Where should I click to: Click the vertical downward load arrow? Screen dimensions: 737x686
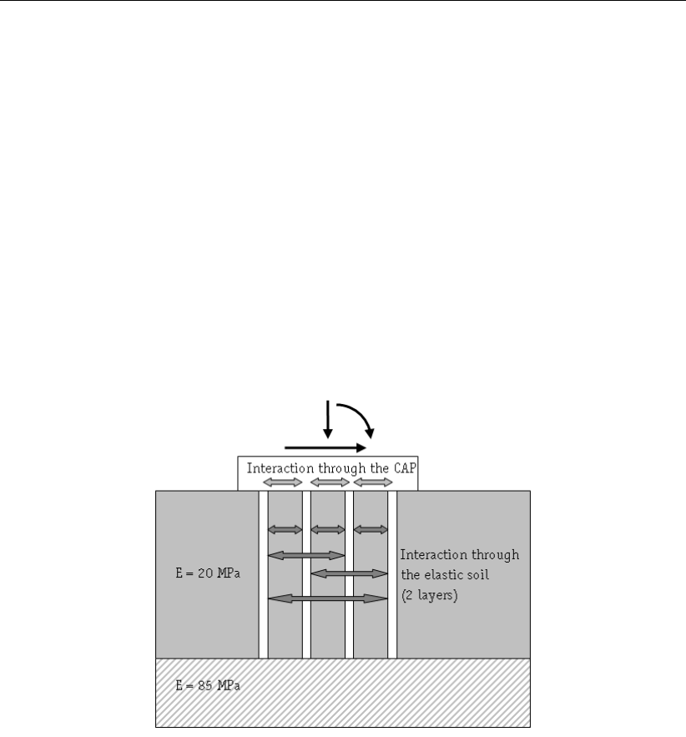pyautogui.click(x=328, y=418)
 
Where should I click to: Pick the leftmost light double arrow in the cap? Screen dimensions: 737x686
pyautogui.click(x=284, y=482)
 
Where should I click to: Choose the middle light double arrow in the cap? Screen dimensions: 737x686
pyautogui.click(x=328, y=482)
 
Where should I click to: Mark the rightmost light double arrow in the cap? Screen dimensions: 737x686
pyautogui.click(x=373, y=482)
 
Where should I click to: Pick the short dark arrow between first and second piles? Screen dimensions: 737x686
pyautogui.click(x=285, y=529)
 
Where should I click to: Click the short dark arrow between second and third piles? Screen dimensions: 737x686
pyautogui.click(x=328, y=529)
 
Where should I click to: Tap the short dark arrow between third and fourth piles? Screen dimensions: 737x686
pyautogui.click(x=371, y=529)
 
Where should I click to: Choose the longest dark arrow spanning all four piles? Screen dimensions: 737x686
pyautogui.click(x=328, y=598)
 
